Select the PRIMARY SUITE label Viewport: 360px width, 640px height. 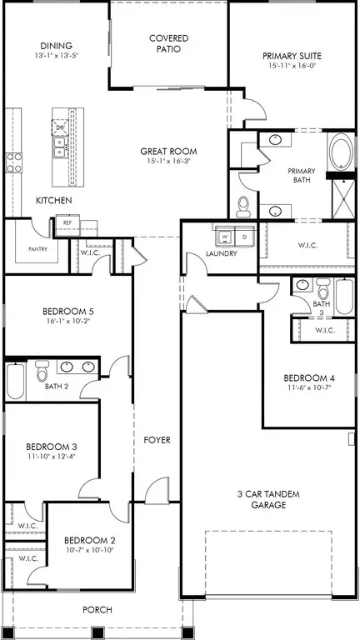pos(292,57)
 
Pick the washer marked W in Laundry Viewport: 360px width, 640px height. pos(224,237)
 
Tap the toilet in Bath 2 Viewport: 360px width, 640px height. pos(42,373)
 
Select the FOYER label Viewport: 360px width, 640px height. pos(157,439)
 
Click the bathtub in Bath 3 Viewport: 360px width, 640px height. pos(343,297)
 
